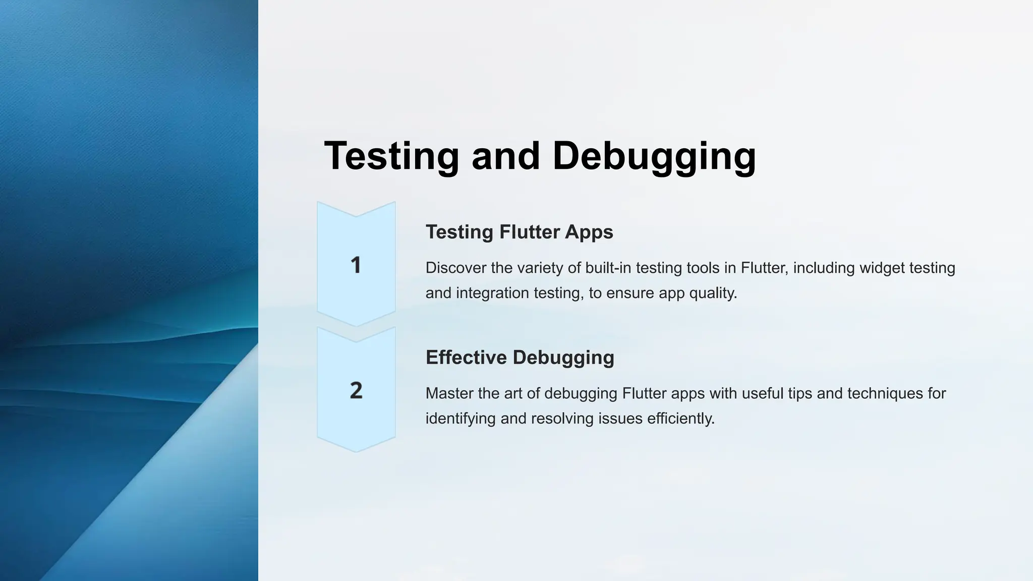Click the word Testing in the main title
pyautogui.click(x=391, y=156)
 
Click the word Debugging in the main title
pyautogui.click(x=654, y=156)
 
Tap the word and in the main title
pyautogui.click(x=506, y=156)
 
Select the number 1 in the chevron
pyautogui.click(x=356, y=265)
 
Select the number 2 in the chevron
pyautogui.click(x=356, y=390)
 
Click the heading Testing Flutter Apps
pyautogui.click(x=519, y=232)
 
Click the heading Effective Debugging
pyautogui.click(x=520, y=357)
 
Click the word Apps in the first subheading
pyautogui.click(x=589, y=232)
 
